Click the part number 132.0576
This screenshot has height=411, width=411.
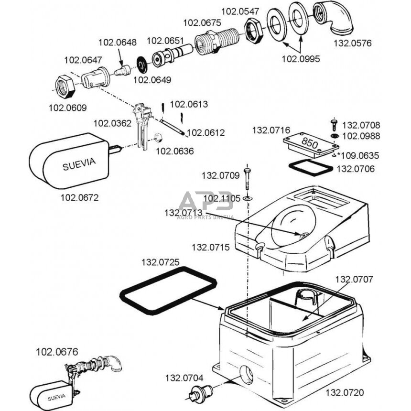click(353, 43)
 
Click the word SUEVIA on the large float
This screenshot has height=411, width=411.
click(79, 164)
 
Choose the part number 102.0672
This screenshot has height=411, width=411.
click(79, 197)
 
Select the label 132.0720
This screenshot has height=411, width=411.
click(345, 392)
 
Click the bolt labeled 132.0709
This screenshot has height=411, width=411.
click(247, 179)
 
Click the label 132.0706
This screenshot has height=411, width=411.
click(356, 169)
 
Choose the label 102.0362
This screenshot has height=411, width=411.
click(112, 123)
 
